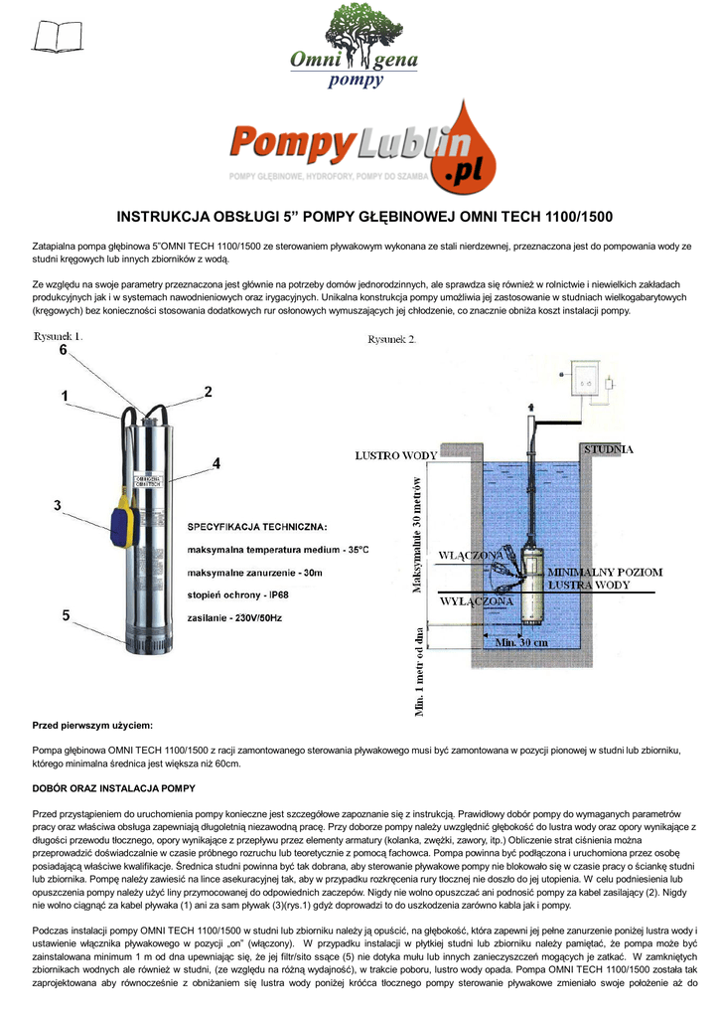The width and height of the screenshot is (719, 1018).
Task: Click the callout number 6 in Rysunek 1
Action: pos(63,350)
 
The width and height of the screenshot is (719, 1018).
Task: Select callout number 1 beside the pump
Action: pos(65,396)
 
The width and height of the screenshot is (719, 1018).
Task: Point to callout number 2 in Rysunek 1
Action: pos(209,392)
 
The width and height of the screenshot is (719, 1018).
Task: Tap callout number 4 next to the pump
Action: pos(216,462)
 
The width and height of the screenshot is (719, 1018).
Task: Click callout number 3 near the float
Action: pos(59,506)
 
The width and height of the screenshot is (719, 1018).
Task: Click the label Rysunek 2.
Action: pos(392,338)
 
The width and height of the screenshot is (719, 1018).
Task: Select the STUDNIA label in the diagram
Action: pos(608,449)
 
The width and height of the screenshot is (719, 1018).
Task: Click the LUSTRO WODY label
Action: pos(396,455)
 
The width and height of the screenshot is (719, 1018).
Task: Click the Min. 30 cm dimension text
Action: pos(521,642)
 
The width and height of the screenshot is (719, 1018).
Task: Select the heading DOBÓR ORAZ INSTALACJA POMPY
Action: pos(114,788)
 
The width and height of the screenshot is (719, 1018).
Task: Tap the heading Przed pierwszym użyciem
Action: pos(92,727)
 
